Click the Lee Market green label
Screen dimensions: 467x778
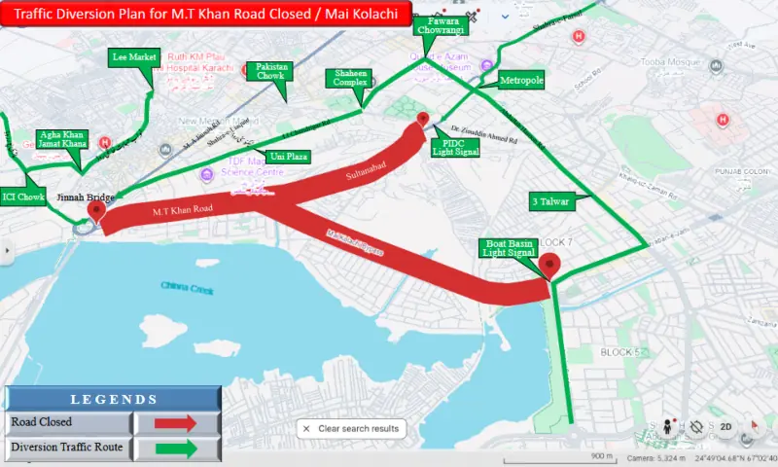[x=134, y=57]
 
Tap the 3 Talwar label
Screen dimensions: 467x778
[x=550, y=201]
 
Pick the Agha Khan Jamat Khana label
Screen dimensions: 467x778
[x=61, y=139]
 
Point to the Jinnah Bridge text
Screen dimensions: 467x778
[x=86, y=198]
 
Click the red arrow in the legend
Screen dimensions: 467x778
[x=176, y=422]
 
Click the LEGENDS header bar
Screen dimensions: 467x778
[x=113, y=399]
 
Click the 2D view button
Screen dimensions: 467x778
[x=725, y=427]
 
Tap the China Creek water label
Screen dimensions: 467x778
[x=188, y=286]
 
